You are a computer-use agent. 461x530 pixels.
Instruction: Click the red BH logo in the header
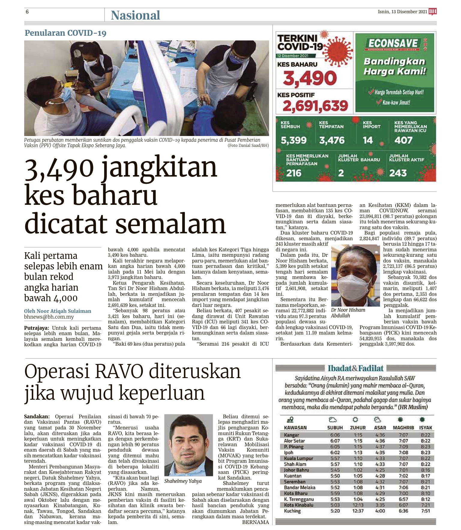coord(432,12)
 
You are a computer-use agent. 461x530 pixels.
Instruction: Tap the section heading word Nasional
coord(135,15)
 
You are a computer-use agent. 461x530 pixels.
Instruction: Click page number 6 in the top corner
coord(27,12)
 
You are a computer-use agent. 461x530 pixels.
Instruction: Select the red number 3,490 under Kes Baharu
coord(310,78)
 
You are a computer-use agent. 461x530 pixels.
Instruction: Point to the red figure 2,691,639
coord(315,106)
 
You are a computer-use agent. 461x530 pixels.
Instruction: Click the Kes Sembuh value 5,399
coord(294,140)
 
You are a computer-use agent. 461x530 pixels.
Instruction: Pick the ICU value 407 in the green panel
coord(403,140)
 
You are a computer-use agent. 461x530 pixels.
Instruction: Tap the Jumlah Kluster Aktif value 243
coord(398,173)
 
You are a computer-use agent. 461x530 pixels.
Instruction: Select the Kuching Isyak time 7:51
coord(425,511)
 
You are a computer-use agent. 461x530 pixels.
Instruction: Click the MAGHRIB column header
coord(403,428)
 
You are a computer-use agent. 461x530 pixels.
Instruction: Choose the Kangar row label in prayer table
coord(291,435)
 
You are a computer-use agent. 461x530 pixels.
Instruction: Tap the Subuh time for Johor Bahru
coord(335,470)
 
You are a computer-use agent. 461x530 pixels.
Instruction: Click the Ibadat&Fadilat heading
coord(356,368)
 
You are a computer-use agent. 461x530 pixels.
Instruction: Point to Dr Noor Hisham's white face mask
coord(351,284)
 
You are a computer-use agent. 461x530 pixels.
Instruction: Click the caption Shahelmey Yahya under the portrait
coord(183,481)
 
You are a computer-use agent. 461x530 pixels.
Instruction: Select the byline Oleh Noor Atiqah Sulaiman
coord(58,311)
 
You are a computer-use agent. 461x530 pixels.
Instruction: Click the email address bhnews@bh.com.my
coord(49,317)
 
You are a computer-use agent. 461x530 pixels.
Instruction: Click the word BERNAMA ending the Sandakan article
coord(255,522)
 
